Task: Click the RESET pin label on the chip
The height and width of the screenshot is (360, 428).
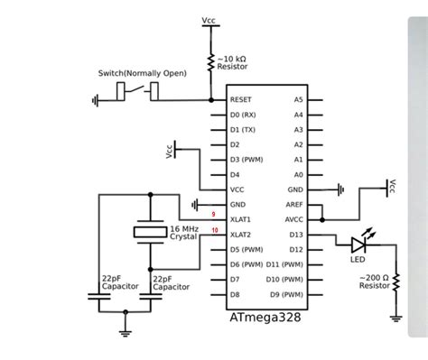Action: click(x=240, y=100)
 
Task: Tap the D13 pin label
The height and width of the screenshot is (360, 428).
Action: click(x=296, y=234)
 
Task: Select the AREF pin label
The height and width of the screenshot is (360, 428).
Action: click(x=295, y=204)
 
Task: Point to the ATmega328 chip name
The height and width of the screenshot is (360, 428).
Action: click(x=266, y=318)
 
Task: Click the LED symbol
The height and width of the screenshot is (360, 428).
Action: click(x=361, y=243)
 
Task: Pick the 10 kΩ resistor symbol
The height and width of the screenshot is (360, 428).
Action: click(x=210, y=61)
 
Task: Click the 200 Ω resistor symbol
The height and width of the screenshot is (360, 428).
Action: click(x=395, y=285)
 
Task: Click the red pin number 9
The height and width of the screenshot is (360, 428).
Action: click(x=212, y=215)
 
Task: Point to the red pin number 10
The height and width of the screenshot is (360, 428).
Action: click(x=214, y=230)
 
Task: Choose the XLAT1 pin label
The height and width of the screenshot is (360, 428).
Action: click(x=241, y=219)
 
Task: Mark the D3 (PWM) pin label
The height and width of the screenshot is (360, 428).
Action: click(x=246, y=160)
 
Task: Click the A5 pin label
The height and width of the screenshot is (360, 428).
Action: click(x=299, y=100)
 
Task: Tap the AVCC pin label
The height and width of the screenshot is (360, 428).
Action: click(x=295, y=219)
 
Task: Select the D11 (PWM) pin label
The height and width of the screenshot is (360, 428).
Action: click(x=285, y=263)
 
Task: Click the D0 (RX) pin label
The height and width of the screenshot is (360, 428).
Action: click(x=243, y=115)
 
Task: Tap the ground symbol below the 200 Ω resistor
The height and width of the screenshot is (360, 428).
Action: click(x=395, y=317)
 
